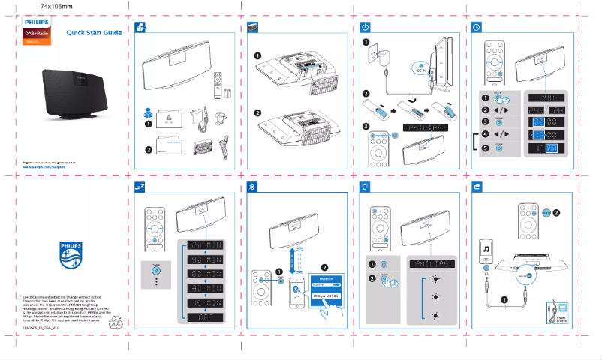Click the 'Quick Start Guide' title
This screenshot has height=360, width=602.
[94, 33]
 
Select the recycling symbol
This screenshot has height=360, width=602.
[98, 322]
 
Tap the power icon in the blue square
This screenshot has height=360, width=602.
[364, 27]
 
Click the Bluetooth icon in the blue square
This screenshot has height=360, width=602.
[251, 186]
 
